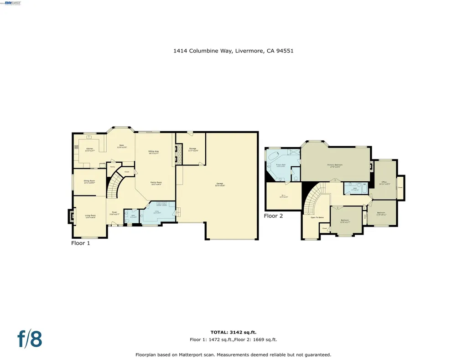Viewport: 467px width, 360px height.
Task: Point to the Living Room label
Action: (90, 216)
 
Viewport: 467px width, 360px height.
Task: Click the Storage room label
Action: (192, 149)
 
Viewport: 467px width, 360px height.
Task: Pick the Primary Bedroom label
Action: (334, 165)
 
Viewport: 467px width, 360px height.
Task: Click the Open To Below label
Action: (317, 217)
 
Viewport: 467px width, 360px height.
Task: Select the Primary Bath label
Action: (280, 165)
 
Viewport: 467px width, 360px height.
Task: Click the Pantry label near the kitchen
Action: (112, 167)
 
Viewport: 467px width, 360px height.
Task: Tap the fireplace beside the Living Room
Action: (71, 216)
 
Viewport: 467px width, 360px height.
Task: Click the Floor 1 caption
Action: (81, 243)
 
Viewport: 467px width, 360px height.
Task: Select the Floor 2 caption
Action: (273, 216)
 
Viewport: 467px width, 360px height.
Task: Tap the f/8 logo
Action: (30, 339)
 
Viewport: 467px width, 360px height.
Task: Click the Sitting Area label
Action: (153, 152)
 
